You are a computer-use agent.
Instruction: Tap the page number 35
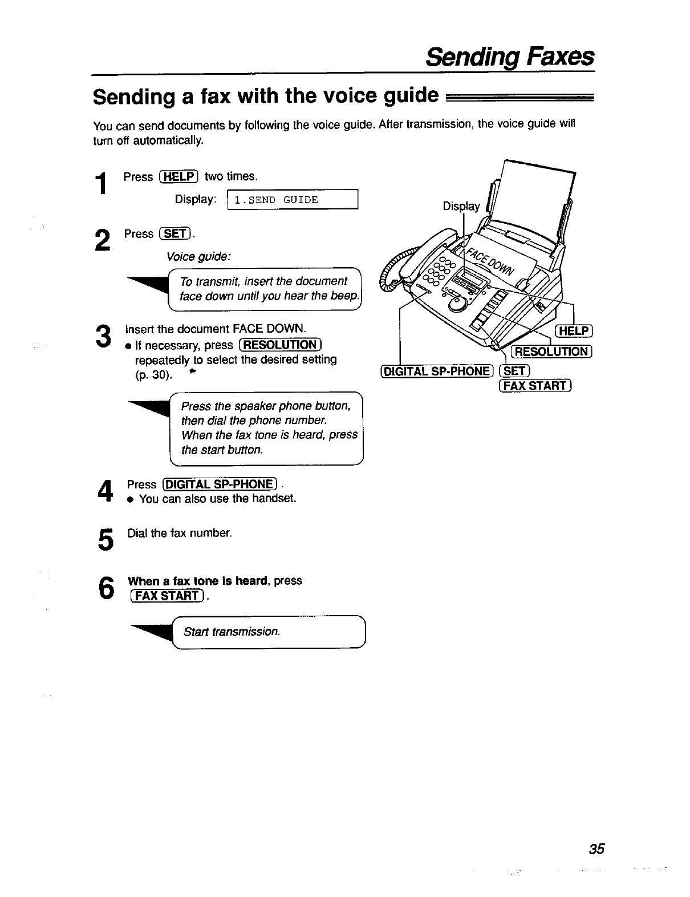tap(596, 848)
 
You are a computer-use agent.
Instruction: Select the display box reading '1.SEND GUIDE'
tap(292, 200)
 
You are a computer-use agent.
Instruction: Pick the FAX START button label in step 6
tap(167, 597)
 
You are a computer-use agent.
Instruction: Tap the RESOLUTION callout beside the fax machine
tap(551, 351)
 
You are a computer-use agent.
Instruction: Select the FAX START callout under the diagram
tap(535, 386)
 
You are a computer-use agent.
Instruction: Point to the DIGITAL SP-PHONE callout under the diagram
tap(437, 371)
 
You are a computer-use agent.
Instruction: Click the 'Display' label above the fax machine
tap(461, 206)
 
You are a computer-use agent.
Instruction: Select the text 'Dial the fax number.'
tap(180, 534)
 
